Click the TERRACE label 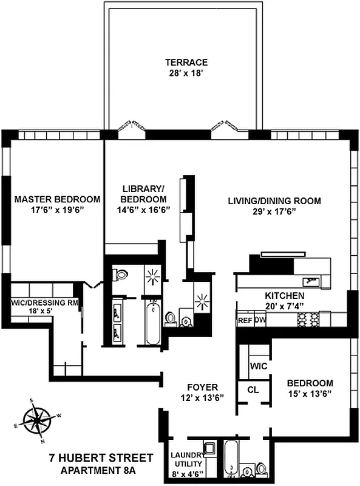[x=186, y=62]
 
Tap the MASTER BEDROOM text [x=57, y=199]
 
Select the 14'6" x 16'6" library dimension [x=143, y=210]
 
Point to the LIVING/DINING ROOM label [x=274, y=200]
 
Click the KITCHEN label [x=285, y=295]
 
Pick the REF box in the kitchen [x=245, y=320]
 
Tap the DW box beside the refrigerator [x=260, y=320]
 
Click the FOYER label [x=203, y=387]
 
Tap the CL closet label [x=253, y=390]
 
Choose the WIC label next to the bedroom [x=259, y=367]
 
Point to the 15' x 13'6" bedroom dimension [x=310, y=394]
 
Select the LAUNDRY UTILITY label [x=186, y=459]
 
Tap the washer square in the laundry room [x=210, y=449]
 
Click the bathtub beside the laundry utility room [x=232, y=460]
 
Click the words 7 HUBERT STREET [x=100, y=457]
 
